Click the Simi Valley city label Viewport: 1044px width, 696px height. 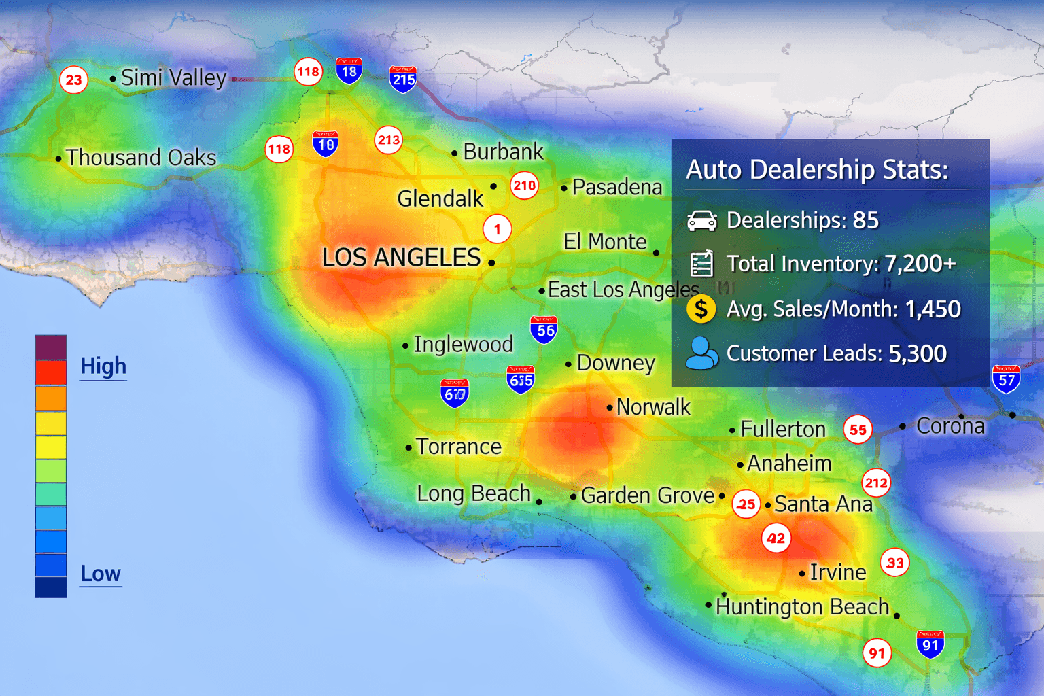[x=173, y=78]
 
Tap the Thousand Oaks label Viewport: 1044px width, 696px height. [x=141, y=158]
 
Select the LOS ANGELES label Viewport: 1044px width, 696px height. [x=401, y=258]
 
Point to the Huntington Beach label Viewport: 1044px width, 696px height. [x=802, y=606]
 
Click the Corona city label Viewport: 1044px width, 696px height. [x=950, y=426]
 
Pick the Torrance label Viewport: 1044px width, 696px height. [x=459, y=447]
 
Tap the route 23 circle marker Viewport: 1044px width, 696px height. [x=73, y=80]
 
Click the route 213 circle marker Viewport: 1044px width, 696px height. [x=389, y=140]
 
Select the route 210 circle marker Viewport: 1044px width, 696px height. [x=524, y=186]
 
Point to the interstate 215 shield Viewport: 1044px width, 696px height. [x=403, y=80]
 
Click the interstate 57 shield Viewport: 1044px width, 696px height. [x=1006, y=379]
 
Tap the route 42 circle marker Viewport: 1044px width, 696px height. [x=776, y=539]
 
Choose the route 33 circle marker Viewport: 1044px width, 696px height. [x=894, y=563]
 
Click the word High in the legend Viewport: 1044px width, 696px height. [x=103, y=366]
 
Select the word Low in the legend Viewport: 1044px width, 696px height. [x=101, y=574]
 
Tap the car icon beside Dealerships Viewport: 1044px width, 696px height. [x=701, y=221]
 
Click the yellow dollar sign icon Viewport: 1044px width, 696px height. [x=701, y=309]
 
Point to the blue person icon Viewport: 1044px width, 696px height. [x=701, y=353]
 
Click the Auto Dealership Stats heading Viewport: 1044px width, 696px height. [x=817, y=169]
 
